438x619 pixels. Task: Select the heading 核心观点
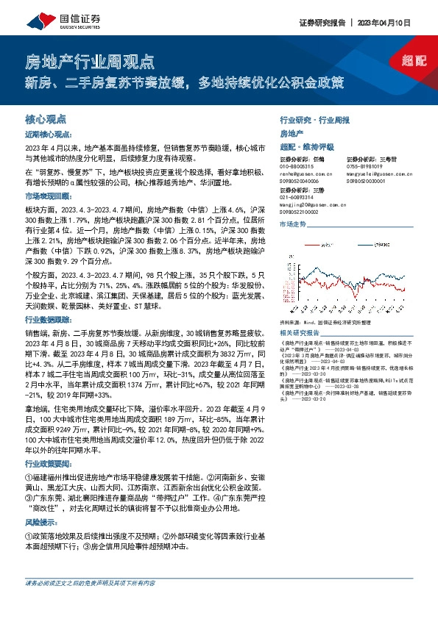click(x=46, y=118)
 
